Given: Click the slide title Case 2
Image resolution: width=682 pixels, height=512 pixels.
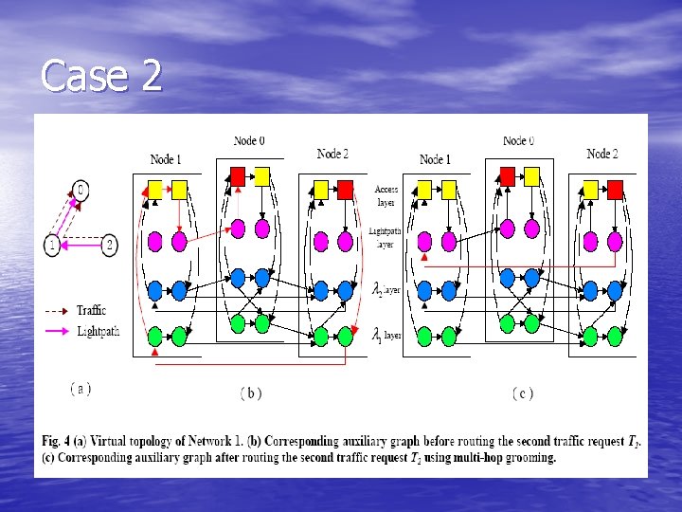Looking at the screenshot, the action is pyautogui.click(x=101, y=76).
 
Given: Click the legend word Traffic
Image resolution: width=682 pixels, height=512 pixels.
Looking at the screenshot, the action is pyautogui.click(x=91, y=310).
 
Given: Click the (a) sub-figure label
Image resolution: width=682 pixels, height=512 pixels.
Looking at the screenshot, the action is pyautogui.click(x=81, y=388).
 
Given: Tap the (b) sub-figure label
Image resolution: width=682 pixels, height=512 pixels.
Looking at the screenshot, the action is pyautogui.click(x=250, y=393).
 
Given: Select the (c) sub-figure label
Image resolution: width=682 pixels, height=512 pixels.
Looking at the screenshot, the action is pyautogui.click(x=522, y=393).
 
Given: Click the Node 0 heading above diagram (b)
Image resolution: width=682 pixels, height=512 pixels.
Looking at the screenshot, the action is pyautogui.click(x=249, y=141).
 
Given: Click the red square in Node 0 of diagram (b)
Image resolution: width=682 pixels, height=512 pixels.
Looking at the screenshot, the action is pyautogui.click(x=239, y=175).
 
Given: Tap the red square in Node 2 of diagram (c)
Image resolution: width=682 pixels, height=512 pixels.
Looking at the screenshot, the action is pyautogui.click(x=616, y=190).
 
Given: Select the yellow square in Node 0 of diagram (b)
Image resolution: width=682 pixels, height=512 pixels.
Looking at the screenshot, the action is pyautogui.click(x=262, y=175).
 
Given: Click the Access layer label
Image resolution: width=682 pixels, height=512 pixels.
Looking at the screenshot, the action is pyautogui.click(x=386, y=194).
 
